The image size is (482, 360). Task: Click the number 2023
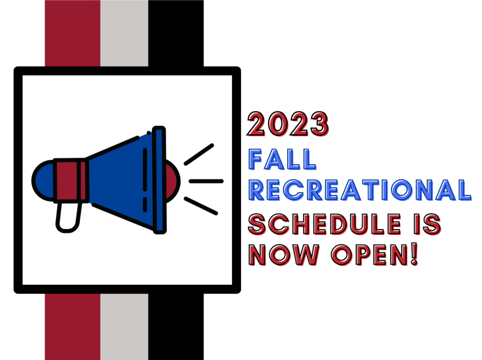click(288, 124)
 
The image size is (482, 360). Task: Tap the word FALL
click(282, 159)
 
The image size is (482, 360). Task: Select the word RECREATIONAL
click(360, 190)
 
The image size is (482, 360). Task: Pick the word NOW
click(284, 255)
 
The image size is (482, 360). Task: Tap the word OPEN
click(370, 255)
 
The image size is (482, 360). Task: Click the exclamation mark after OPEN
click(414, 254)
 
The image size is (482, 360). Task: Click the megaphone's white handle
click(68, 217)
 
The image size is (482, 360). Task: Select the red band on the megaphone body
click(71, 180)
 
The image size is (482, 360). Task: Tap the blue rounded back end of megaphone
click(44, 181)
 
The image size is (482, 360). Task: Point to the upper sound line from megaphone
click(199, 154)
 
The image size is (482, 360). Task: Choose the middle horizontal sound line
click(206, 181)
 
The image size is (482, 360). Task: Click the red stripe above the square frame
click(72, 33)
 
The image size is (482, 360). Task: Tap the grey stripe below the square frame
click(124, 327)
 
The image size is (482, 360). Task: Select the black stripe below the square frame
click(176, 327)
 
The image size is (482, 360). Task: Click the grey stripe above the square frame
click(124, 33)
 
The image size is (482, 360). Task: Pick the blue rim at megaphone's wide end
click(159, 180)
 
